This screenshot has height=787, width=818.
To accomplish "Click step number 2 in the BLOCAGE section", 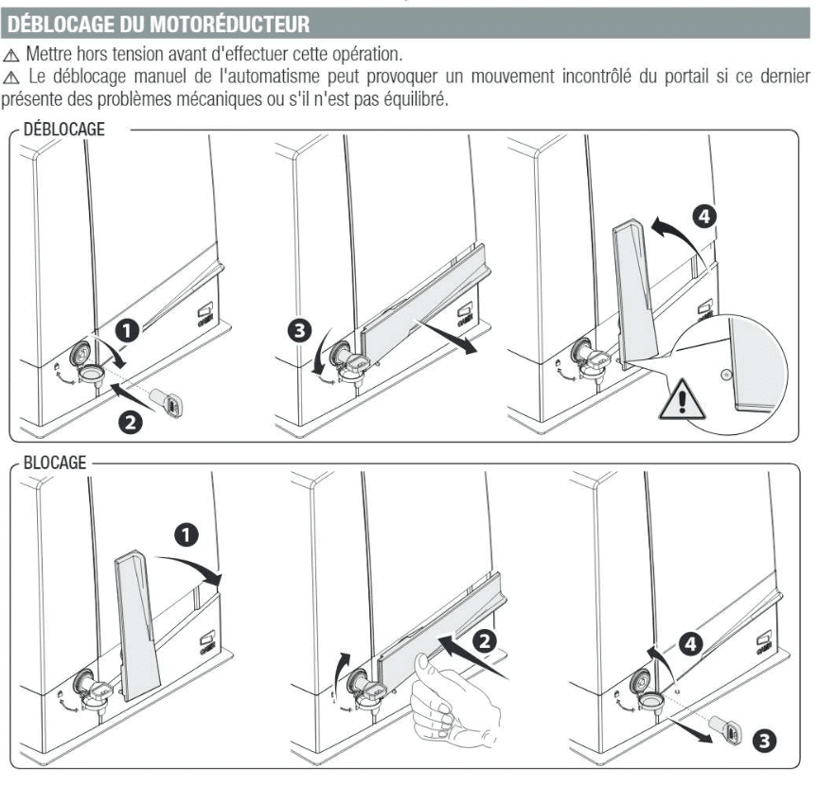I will [x=484, y=640].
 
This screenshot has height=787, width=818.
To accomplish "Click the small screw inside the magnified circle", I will [x=724, y=375].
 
